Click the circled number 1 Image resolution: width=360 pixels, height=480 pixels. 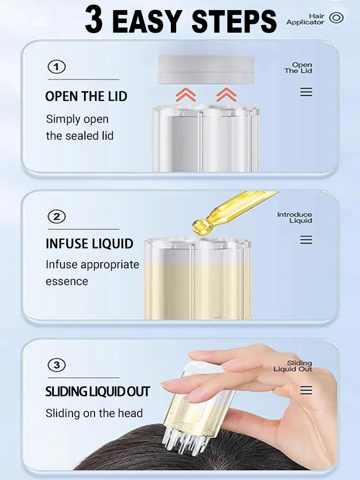57,67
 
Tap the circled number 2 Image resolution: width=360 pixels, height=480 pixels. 57,217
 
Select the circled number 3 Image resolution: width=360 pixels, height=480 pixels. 57,365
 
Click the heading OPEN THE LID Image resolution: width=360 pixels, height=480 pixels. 86,96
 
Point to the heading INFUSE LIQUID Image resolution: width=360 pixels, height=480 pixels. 89,244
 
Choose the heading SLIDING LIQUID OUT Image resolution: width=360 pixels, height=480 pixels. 97,392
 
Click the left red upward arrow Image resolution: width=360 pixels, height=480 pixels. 186,95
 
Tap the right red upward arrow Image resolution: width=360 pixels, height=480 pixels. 226,95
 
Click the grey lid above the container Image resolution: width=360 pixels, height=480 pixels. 206,70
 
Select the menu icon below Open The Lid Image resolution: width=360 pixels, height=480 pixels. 306,92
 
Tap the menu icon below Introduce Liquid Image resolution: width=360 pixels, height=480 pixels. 306,240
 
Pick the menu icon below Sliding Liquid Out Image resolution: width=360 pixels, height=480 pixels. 306,390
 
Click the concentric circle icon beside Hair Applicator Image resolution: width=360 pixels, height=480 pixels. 336,18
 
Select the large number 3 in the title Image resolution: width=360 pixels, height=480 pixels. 94,20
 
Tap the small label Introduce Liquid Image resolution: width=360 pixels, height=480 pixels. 295,217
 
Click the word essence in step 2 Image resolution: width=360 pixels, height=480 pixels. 67,281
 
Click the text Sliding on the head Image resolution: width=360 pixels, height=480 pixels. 94,413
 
